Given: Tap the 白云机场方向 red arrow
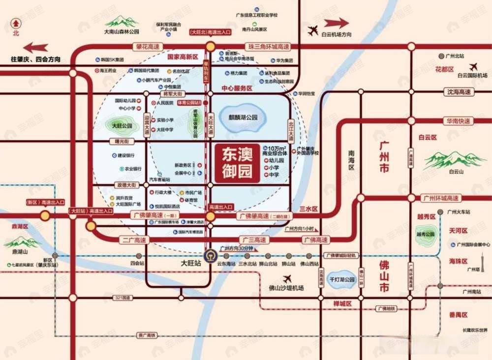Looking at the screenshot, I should pos(337,23).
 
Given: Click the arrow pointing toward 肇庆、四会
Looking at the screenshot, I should pos(36,48).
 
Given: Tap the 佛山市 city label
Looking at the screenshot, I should pos(384,275).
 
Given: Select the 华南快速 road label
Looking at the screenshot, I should pos(458,121).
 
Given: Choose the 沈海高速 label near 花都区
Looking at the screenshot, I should pos(458,92).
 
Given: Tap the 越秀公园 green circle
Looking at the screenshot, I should pos(426,234).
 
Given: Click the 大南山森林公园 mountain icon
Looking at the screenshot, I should pos(122,22).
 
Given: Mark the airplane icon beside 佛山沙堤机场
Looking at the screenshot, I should pos(287,278).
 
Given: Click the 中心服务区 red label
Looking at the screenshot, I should pos(237,89).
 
